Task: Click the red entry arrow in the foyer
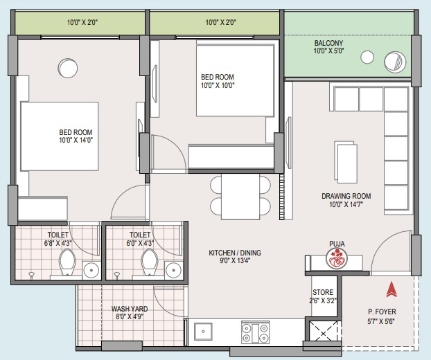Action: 392,289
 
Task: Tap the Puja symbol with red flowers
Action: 337,258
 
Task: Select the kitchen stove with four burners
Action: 255,332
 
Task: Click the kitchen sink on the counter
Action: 203,332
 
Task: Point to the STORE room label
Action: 323,292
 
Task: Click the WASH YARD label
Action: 130,309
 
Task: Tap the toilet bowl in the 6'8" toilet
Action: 68,262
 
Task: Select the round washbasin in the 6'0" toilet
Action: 173,271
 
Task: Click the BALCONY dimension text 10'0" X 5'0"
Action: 328,51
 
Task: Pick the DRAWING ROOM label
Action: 346,196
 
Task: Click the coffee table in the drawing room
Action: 346,162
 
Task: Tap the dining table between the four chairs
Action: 240,197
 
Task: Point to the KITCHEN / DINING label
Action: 235,253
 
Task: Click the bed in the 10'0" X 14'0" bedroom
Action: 60,136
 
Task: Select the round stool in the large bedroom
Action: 68,68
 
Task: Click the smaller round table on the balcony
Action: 367,57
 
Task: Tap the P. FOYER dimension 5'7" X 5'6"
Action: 381,321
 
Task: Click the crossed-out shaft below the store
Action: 323,334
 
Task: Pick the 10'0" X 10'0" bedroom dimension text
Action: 218,85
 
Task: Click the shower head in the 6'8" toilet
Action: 32,275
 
